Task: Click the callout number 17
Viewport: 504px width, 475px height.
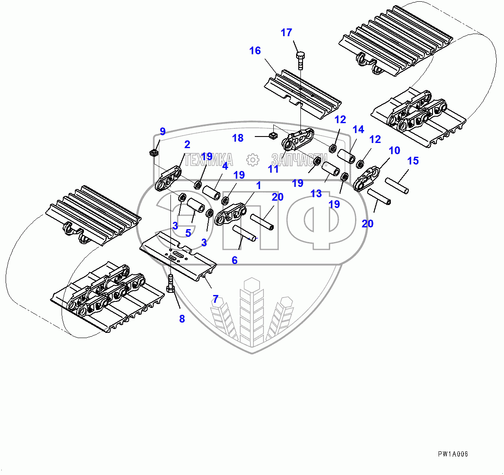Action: pos(286,33)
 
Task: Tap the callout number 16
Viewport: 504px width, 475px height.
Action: pos(255,51)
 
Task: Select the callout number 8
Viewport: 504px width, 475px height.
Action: pos(182,319)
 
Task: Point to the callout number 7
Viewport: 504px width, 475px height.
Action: pos(215,298)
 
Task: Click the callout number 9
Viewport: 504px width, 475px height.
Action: pos(162,131)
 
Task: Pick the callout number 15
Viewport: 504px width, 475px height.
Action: pos(413,161)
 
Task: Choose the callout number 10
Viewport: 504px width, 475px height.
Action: pos(394,150)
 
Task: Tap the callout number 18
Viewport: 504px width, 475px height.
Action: pos(238,138)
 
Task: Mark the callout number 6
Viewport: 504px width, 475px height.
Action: pos(235,260)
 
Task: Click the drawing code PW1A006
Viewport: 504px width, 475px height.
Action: pos(453,454)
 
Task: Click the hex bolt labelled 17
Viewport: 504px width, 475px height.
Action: pos(300,60)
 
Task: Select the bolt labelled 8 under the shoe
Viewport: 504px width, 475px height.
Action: pos(170,284)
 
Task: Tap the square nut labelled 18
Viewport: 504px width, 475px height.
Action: pos(272,137)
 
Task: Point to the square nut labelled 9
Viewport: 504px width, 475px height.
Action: pos(154,152)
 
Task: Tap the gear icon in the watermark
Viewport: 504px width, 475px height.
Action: pos(253,160)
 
